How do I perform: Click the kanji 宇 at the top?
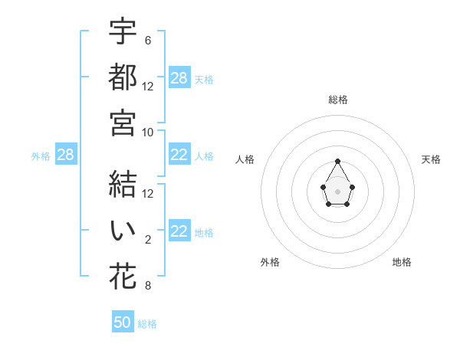tap(123, 31)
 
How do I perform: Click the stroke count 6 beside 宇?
tap(147, 40)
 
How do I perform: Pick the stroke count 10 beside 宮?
tap(148, 132)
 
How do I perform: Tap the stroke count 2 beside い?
tap(147, 239)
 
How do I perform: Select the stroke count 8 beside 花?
tap(147, 286)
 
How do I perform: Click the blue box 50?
tap(123, 322)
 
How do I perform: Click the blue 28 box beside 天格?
tap(179, 78)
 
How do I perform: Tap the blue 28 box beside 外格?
tap(65, 155)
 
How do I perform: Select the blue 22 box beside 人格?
tap(179, 155)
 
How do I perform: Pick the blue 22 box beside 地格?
tap(179, 231)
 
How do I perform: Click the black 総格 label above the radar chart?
tap(338, 100)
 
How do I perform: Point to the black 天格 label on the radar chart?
tap(431, 159)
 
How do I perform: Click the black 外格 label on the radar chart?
tap(270, 262)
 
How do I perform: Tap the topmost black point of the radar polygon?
tap(337, 161)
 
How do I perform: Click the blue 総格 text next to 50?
tap(147, 324)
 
